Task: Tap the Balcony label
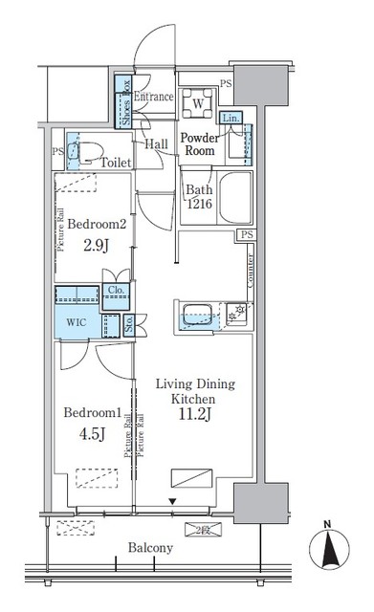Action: [148, 548]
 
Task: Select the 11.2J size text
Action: [193, 415]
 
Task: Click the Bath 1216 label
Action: [198, 197]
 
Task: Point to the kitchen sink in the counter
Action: [196, 314]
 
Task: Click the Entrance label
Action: [153, 98]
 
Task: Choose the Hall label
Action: [158, 143]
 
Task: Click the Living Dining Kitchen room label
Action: [193, 390]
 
